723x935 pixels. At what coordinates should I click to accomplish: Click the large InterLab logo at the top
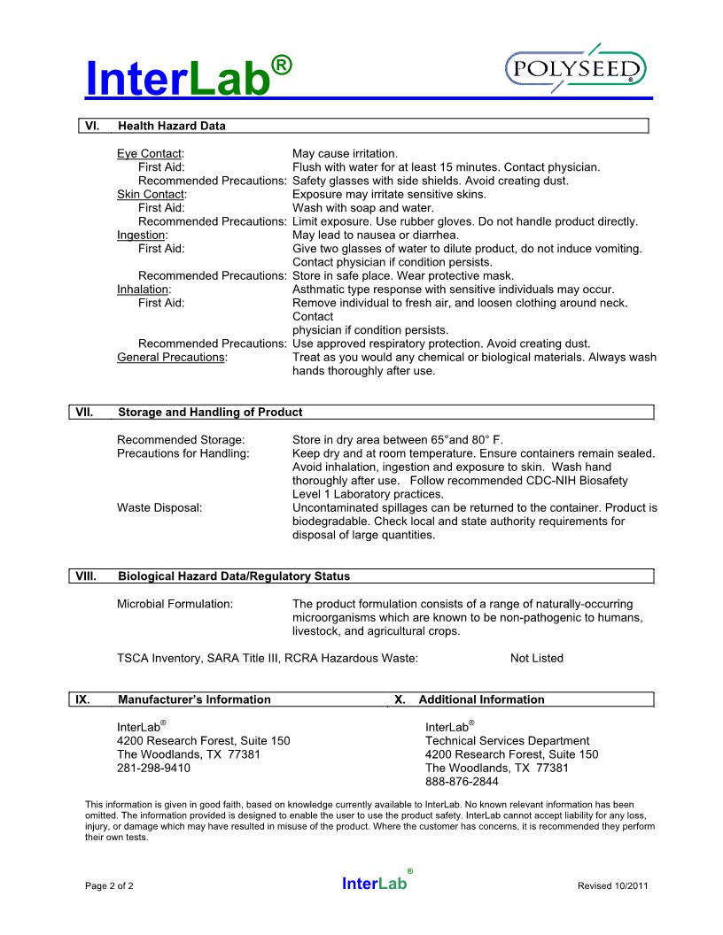coord(188,76)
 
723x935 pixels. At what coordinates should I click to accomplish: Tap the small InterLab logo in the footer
coord(376,883)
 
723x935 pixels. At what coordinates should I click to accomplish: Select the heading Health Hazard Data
coord(172,126)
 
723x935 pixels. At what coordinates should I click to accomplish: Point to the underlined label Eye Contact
coord(149,154)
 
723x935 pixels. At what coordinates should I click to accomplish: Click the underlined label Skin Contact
coord(151,194)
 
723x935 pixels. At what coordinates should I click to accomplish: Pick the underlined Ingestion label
coord(142,235)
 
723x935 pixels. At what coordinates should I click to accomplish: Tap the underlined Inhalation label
coord(144,290)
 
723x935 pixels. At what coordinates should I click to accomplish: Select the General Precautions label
coord(172,357)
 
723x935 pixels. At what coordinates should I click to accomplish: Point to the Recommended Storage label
coord(181,439)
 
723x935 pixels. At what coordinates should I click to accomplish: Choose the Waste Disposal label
coord(159,508)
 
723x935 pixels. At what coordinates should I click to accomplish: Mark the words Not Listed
coord(536,658)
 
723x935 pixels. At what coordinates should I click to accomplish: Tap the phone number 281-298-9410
coord(153,769)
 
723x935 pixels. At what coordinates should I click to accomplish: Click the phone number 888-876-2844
coord(462,782)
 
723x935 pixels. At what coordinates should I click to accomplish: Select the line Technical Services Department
coord(507,741)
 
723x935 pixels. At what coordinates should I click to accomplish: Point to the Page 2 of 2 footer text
coord(109,885)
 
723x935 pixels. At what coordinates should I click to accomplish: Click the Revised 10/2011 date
coord(612,885)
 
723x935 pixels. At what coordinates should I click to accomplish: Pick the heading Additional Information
coord(481,699)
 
